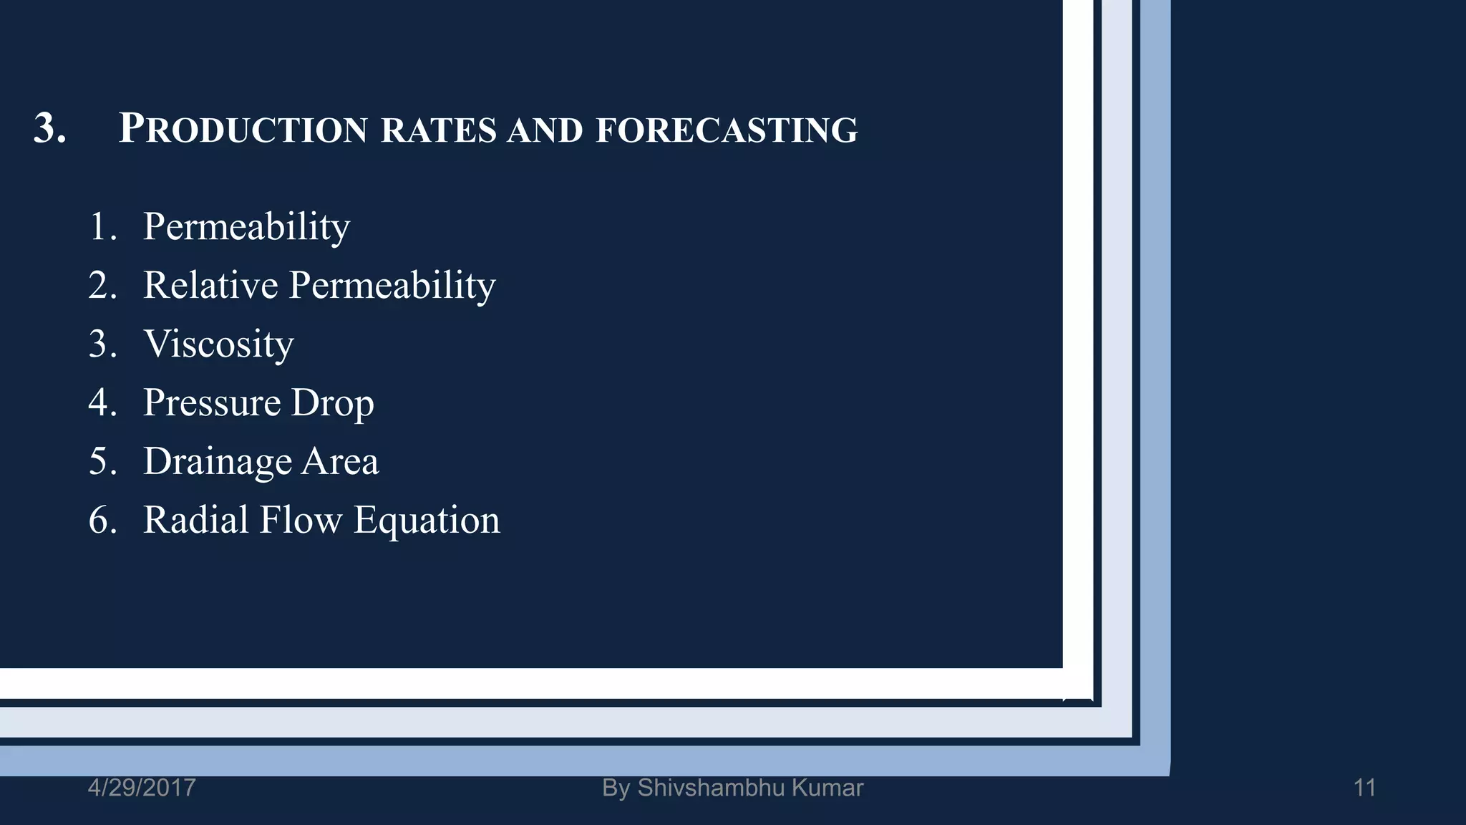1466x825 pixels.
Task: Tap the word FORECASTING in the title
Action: pyautogui.click(x=727, y=130)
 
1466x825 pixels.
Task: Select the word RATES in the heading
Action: pyautogui.click(x=438, y=130)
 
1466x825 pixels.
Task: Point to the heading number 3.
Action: pyautogui.click(x=50, y=129)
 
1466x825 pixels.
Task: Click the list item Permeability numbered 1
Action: pyautogui.click(x=246, y=227)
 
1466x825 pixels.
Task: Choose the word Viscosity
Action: pyautogui.click(x=218, y=344)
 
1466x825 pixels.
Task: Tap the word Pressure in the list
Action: pyautogui.click(x=211, y=402)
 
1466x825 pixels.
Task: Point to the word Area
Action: pyautogui.click(x=340, y=461)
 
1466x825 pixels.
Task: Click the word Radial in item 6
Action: pyautogui.click(x=195, y=520)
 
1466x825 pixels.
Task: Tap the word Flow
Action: pyautogui.click(x=301, y=520)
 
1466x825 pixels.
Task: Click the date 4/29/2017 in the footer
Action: pyautogui.click(x=142, y=788)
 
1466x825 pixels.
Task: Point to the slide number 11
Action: pyautogui.click(x=1364, y=788)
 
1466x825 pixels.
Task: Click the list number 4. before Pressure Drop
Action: pyautogui.click(x=103, y=402)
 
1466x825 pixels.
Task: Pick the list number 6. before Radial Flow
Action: pyautogui.click(x=103, y=520)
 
